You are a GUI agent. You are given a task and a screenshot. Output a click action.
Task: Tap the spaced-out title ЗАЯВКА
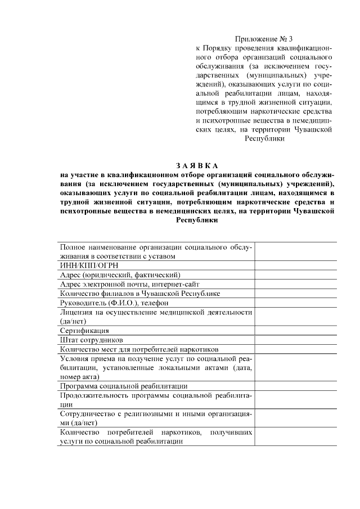point(196,165)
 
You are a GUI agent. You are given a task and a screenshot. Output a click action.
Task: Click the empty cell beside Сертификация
point(295,331)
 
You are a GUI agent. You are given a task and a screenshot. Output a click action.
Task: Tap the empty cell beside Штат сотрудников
point(295,340)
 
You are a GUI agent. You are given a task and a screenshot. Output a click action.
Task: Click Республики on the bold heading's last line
point(196,221)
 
